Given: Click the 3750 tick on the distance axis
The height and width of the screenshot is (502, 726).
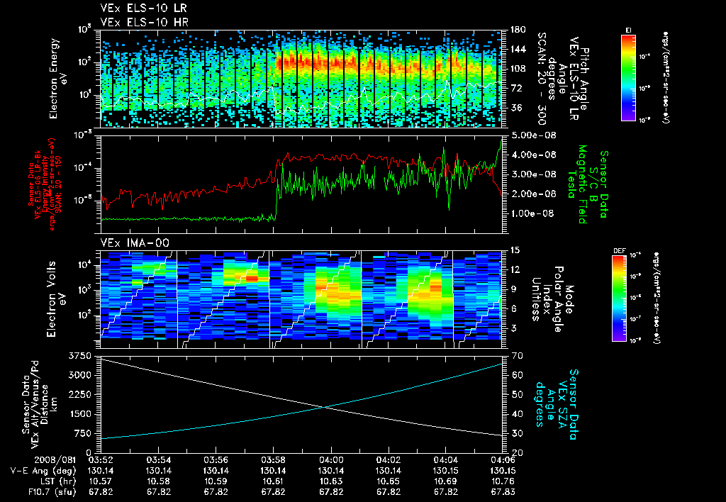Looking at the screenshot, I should [x=82, y=355].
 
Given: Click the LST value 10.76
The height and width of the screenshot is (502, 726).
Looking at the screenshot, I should [x=502, y=481].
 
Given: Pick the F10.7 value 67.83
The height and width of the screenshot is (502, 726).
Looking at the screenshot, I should [x=502, y=491].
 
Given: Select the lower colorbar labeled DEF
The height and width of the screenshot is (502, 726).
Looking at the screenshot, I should [x=628, y=298].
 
